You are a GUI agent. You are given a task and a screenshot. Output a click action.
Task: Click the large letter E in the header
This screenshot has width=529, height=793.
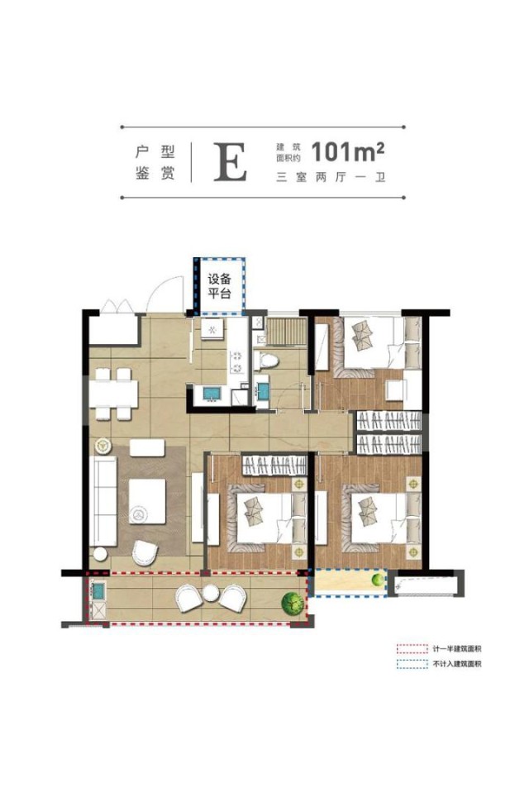(230, 162)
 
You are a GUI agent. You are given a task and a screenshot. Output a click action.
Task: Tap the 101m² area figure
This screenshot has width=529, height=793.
(348, 151)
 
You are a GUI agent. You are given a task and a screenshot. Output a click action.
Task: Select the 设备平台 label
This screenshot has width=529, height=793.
(220, 286)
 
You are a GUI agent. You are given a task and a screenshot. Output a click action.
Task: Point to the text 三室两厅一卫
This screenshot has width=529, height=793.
(331, 178)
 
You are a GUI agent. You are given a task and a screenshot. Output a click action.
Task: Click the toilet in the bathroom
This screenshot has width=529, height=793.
(269, 361)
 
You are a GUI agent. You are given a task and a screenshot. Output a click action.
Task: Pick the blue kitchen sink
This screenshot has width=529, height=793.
(211, 394)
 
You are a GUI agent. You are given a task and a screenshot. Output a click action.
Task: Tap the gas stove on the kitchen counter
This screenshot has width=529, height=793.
(236, 361)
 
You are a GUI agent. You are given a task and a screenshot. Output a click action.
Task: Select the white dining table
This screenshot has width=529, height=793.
(114, 394)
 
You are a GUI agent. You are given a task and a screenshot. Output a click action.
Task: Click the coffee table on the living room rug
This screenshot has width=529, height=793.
(146, 501)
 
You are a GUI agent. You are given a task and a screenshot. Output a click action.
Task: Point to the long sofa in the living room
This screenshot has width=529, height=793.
(103, 500)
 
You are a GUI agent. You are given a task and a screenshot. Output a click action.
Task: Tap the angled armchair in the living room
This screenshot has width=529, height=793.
(145, 552)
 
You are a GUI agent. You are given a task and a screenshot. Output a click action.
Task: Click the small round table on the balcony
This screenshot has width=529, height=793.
(210, 593)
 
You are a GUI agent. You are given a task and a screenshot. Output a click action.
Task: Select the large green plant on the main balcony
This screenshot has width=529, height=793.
(293, 601)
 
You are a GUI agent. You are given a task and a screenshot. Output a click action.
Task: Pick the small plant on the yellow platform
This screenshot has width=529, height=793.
(379, 580)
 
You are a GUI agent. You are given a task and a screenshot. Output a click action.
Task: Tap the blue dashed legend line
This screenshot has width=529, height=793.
(412, 664)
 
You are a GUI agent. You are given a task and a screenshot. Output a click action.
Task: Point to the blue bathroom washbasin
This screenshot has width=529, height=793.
(264, 391)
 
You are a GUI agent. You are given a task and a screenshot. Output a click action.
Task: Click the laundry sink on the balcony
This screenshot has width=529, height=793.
(98, 590)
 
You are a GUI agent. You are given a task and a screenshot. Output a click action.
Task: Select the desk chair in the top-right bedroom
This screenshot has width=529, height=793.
(395, 389)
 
